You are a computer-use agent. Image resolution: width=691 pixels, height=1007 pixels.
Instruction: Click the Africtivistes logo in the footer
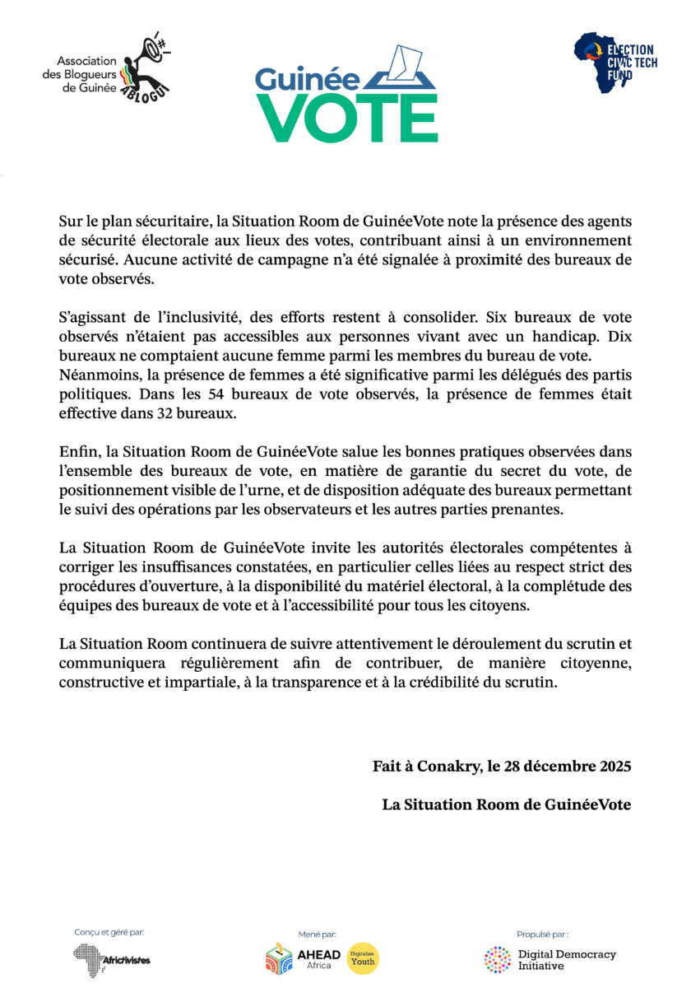pyautogui.click(x=112, y=958)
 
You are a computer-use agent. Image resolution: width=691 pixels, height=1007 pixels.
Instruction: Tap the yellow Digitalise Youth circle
pyautogui.click(x=363, y=958)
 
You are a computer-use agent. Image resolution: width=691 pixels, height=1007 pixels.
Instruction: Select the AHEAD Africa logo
pyautogui.click(x=303, y=958)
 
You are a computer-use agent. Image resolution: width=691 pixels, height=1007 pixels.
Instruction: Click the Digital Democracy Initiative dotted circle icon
pyautogui.click(x=498, y=959)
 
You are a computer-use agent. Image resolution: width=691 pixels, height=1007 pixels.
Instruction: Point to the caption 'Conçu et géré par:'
pyautogui.click(x=109, y=932)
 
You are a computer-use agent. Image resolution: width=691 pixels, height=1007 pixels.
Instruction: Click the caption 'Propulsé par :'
pyautogui.click(x=542, y=934)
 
